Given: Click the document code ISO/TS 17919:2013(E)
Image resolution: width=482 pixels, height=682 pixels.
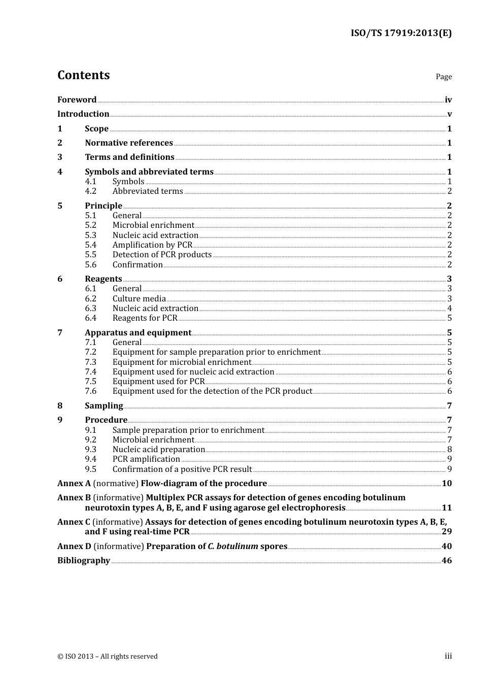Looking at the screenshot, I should (x=401, y=33).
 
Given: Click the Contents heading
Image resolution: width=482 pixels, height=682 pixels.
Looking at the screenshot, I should (x=83, y=75).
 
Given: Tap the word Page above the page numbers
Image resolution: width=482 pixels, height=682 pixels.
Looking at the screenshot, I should (x=443, y=77).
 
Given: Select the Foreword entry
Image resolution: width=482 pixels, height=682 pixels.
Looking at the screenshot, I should (x=77, y=99).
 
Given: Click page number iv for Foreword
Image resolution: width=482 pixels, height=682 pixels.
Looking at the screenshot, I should (x=448, y=99).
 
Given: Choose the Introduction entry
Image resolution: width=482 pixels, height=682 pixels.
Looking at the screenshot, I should (x=83, y=114).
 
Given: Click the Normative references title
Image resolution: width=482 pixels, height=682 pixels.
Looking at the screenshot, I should (x=129, y=143).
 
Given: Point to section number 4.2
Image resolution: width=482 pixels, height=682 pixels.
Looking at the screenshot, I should (x=90, y=191).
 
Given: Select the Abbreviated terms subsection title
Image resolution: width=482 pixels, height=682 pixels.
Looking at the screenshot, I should (x=148, y=191).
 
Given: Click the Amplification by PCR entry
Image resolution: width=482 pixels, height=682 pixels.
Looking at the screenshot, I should (x=152, y=245).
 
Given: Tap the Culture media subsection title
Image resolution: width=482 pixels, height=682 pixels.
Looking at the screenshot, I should (x=139, y=298).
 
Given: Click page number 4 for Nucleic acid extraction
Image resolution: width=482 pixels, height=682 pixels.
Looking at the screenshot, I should (x=450, y=308).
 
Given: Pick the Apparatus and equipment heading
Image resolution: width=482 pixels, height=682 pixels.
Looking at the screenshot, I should (x=138, y=332).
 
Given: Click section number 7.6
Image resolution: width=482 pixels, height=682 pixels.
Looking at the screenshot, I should (x=90, y=391).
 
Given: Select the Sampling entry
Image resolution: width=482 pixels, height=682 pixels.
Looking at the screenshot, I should (x=104, y=405).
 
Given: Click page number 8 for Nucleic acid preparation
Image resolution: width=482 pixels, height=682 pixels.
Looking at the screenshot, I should (x=450, y=449).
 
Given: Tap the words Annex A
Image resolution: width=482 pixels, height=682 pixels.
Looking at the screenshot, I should (x=74, y=483).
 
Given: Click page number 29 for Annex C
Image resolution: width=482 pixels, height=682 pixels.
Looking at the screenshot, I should (x=446, y=531).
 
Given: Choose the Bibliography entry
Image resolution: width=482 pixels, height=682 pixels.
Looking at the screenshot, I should (x=84, y=560).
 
